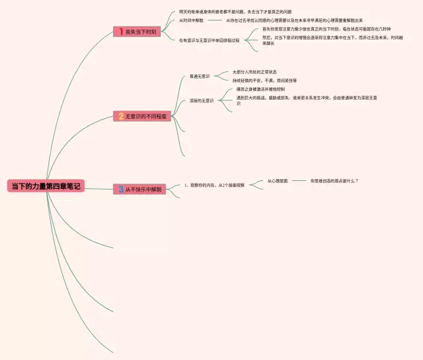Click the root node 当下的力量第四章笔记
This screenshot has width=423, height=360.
coord(46,186)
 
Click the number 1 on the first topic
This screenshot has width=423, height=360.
coord(120,31)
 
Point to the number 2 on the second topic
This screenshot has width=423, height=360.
coord(121,116)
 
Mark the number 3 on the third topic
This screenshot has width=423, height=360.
coord(121,189)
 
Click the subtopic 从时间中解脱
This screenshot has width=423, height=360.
coord(191,20)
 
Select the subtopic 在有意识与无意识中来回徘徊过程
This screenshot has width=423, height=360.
coord(210,40)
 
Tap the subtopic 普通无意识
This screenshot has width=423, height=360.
coord(200,76)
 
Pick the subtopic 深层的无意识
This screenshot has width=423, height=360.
coord(202,101)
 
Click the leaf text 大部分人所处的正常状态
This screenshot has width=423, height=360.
coord(254,71)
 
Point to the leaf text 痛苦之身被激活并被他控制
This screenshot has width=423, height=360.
coord(260,89)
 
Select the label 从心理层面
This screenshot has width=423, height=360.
coord(278,180)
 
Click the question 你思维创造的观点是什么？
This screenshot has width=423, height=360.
coord(334,180)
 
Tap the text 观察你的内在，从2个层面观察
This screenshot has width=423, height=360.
coord(214,186)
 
